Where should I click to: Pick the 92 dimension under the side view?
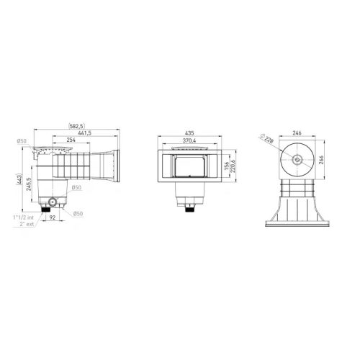click(62, 219)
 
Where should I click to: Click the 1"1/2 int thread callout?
click(24, 217)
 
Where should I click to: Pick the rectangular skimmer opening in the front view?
click(189, 166)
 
